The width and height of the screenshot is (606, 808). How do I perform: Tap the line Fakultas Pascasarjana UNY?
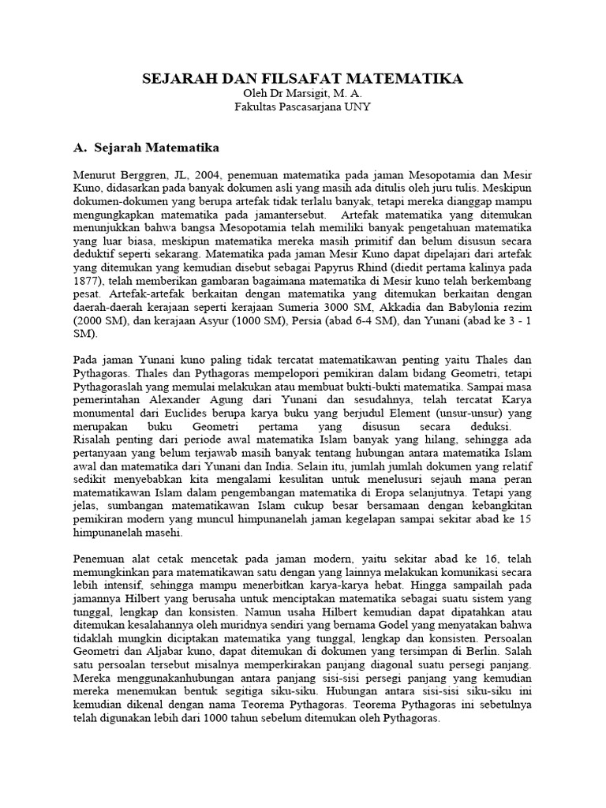tap(302, 107)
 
